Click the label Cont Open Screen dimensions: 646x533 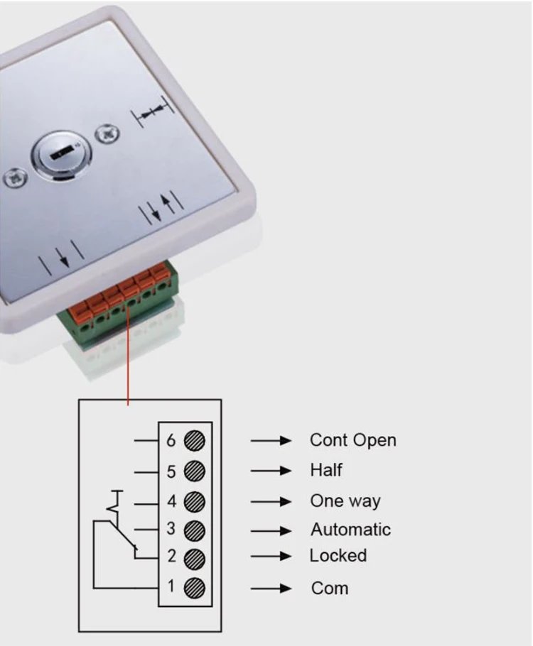pos(352,440)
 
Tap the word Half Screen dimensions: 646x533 pos(325,470)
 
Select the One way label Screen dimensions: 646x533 pos(345,501)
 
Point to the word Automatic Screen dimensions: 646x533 pos(350,530)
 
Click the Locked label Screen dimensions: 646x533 pos(338,555)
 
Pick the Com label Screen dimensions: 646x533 pos(330,588)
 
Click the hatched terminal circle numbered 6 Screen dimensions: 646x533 pos(195,441)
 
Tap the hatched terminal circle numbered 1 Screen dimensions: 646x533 pos(195,588)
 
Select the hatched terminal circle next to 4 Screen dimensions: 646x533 pos(195,502)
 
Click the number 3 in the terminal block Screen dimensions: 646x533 pos(171,530)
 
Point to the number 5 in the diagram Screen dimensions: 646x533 pos(171,471)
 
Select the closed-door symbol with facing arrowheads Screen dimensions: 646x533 pos(154,112)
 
